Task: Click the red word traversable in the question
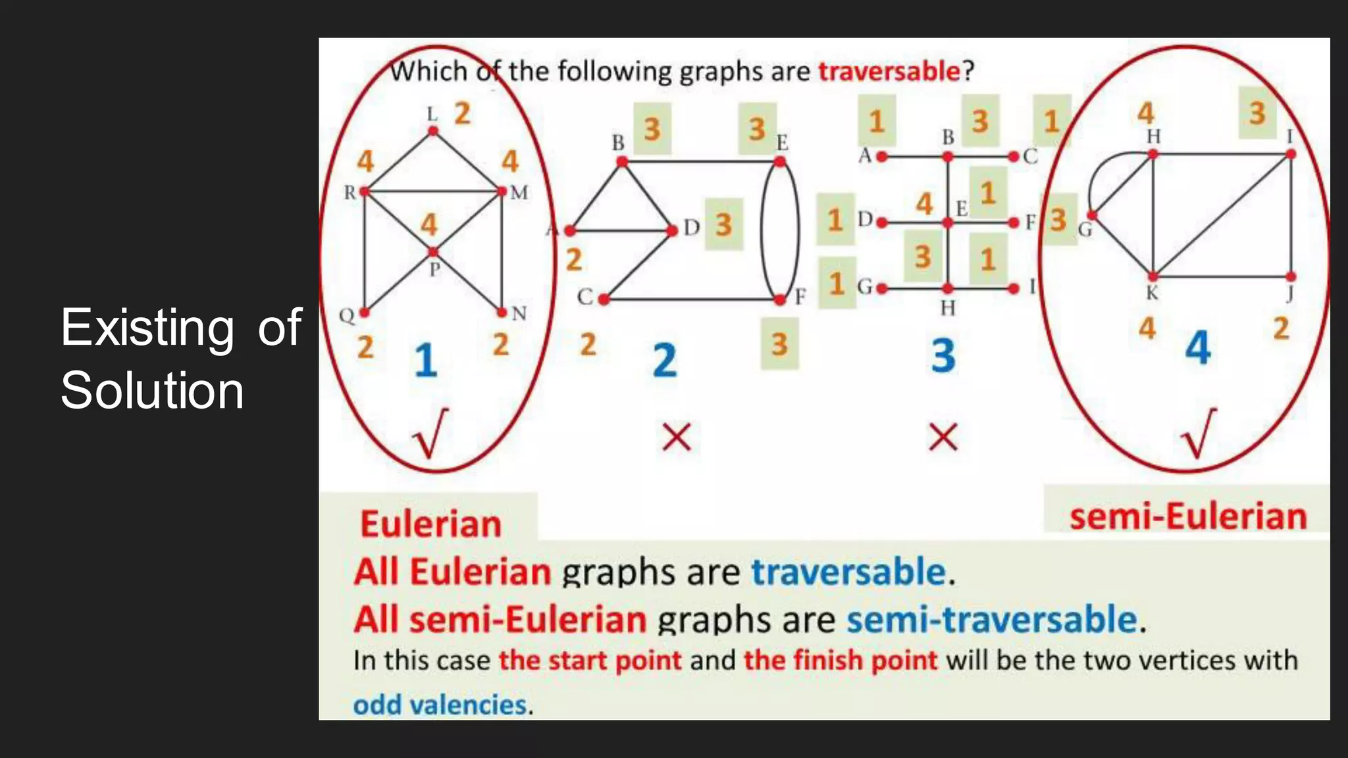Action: pyautogui.click(x=889, y=71)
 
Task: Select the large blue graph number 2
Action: pyautogui.click(x=665, y=361)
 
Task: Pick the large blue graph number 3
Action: pyautogui.click(x=943, y=356)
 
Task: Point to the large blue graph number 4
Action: pyautogui.click(x=1198, y=348)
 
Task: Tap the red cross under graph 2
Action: pyautogui.click(x=677, y=438)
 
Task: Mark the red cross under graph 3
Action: pyautogui.click(x=943, y=438)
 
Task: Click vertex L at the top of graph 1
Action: pyautogui.click(x=432, y=131)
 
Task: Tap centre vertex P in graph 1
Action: pyautogui.click(x=432, y=252)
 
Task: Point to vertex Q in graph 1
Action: pyautogui.click(x=364, y=313)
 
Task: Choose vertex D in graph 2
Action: pyautogui.click(x=672, y=231)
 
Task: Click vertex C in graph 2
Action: pyautogui.click(x=604, y=299)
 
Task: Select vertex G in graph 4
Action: pyautogui.click(x=1091, y=216)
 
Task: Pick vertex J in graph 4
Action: pyautogui.click(x=1291, y=277)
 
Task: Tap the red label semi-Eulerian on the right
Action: pyautogui.click(x=1188, y=517)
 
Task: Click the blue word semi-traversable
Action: pyautogui.click(x=992, y=620)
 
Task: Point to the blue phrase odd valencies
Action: pyautogui.click(x=440, y=705)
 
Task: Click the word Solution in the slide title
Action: pyautogui.click(x=152, y=390)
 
